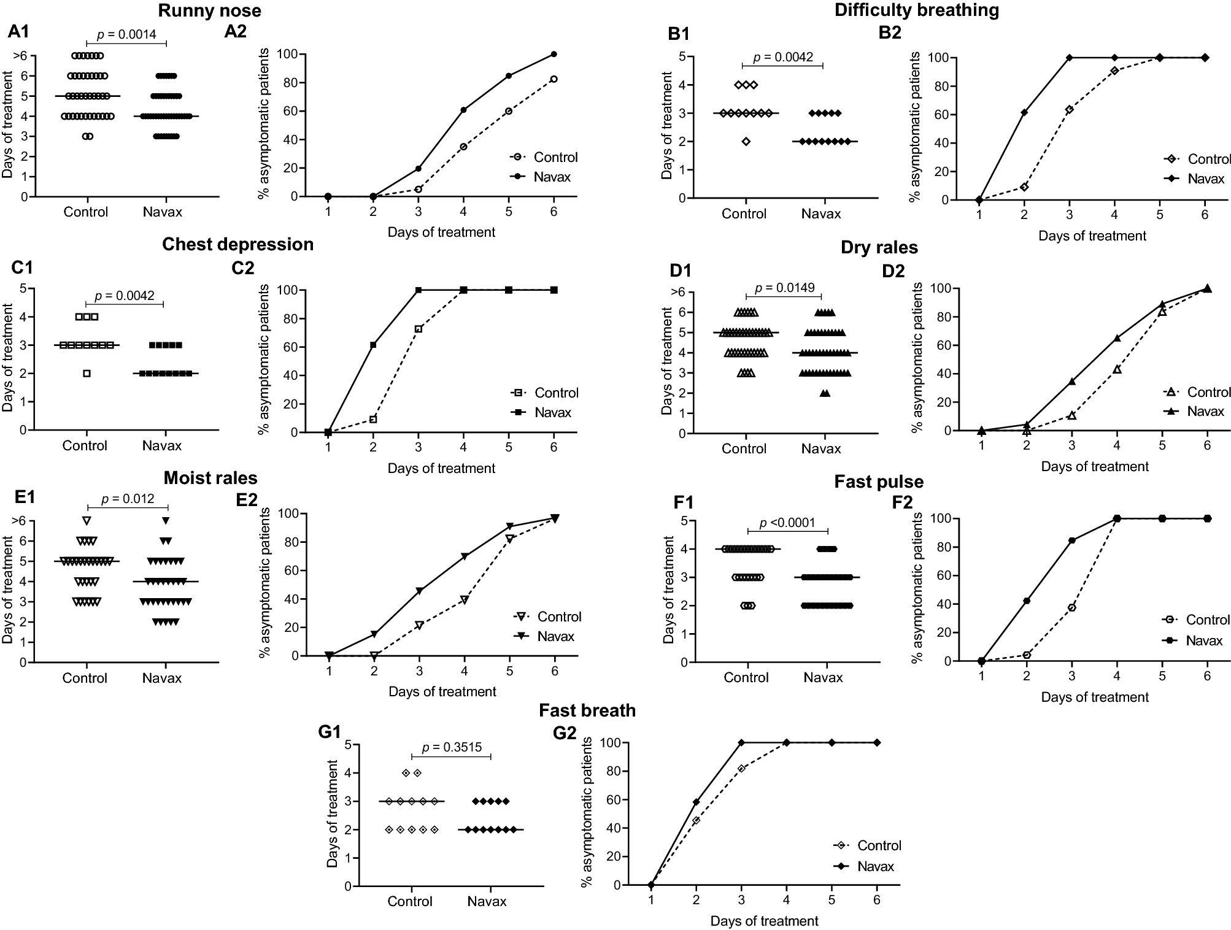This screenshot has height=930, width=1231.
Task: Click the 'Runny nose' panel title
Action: (x=209, y=10)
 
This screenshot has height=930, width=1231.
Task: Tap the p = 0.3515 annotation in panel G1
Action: (x=452, y=747)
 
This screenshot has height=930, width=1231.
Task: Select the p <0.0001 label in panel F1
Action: (x=787, y=523)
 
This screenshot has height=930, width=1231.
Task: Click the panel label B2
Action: (x=890, y=33)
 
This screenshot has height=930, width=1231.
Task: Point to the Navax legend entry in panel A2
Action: (x=552, y=177)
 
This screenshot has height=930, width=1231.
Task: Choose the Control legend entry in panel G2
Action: (x=878, y=845)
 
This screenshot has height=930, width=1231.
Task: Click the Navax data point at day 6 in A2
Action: (x=554, y=54)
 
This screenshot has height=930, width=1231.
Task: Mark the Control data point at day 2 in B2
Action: (x=1024, y=187)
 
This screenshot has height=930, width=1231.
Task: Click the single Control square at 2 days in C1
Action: (x=87, y=373)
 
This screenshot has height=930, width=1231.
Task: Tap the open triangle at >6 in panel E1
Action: (x=87, y=520)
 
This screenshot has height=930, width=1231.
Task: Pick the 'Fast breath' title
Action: (x=587, y=710)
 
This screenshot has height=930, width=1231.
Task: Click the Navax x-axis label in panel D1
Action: (x=820, y=449)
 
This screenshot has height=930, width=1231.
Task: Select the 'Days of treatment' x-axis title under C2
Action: (x=441, y=469)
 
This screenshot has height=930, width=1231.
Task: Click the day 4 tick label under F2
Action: (x=1117, y=676)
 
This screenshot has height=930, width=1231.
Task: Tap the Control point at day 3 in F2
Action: (x=1071, y=608)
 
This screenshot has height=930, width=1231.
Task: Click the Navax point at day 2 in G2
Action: (x=696, y=802)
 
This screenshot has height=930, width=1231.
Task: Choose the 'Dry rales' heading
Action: (x=879, y=248)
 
